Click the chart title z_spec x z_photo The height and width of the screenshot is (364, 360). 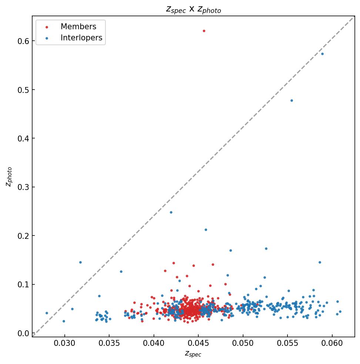[x=193, y=10]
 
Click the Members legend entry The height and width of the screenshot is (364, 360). [x=78, y=27]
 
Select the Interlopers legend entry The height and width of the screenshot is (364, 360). [x=81, y=38]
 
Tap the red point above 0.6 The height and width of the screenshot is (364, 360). [x=204, y=31]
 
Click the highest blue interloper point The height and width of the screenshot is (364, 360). [x=322, y=54]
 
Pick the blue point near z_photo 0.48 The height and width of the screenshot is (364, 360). [x=292, y=100]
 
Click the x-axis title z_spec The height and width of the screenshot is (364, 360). [x=193, y=354]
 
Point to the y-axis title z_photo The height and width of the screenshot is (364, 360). [x=9, y=177]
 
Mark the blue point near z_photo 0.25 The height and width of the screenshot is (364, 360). [x=171, y=212]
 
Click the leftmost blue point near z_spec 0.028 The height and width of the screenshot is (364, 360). [x=47, y=313]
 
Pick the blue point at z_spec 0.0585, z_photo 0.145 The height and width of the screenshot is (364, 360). [x=320, y=262]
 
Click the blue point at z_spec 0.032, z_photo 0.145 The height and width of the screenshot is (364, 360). [x=80, y=262]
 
